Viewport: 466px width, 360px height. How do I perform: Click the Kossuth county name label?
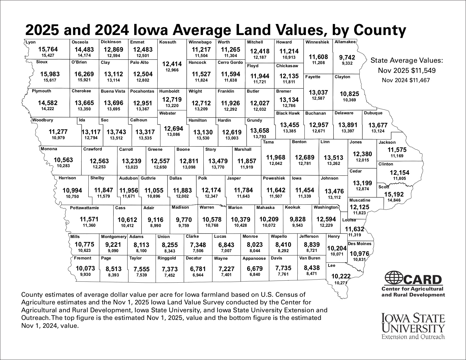coord(168,42)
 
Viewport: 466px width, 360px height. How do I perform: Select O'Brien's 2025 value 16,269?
coord(84,74)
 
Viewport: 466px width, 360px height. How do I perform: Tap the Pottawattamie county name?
coord(84,208)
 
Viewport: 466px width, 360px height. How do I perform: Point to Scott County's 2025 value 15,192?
coord(394,195)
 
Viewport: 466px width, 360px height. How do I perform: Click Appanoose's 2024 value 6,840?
coord(255,275)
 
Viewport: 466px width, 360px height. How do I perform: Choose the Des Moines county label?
coord(360,244)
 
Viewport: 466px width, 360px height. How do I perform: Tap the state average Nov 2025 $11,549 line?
coord(406,71)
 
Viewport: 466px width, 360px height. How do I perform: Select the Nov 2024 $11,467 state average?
coord(406,80)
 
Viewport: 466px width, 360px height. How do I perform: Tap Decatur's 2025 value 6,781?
coord(198,269)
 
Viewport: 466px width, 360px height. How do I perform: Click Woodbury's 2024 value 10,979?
coord(58,138)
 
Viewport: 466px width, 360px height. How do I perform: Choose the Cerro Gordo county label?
coord(230,63)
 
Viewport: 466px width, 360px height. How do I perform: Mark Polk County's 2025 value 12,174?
coord(211,190)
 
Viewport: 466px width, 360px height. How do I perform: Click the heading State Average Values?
coord(406,61)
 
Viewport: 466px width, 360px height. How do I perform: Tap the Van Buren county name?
coord(310,258)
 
